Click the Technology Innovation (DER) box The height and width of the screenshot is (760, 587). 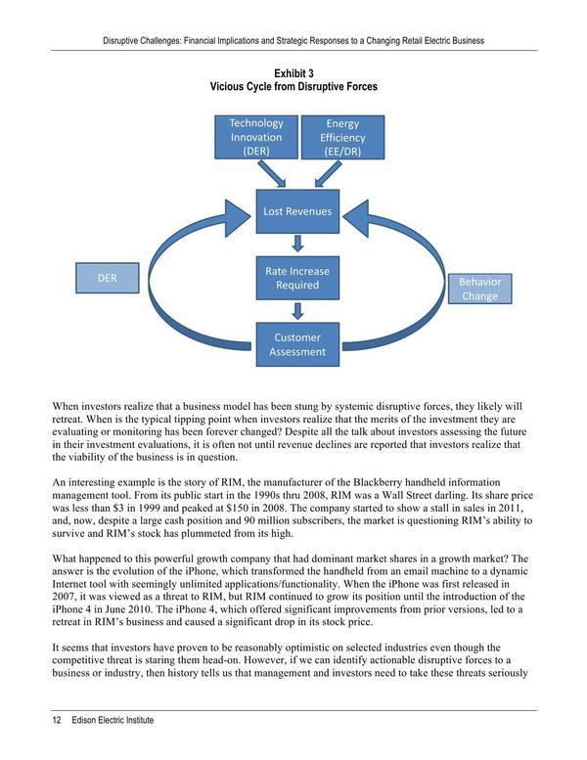(256, 137)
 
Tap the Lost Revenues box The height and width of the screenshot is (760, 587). (294, 211)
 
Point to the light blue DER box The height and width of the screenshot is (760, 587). (107, 278)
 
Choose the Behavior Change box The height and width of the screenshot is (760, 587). (479, 289)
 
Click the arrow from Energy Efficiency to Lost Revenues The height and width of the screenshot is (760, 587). (325, 174)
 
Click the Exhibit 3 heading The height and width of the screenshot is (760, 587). (293, 74)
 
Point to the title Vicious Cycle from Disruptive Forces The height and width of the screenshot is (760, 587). (293, 87)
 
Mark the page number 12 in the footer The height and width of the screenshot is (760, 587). (57, 720)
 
